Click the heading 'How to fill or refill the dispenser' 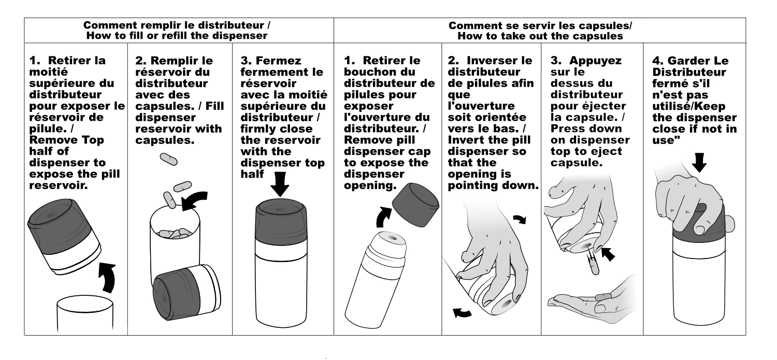pos(177,36)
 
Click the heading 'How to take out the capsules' pos(540,36)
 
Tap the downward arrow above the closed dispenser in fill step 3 pos(280,184)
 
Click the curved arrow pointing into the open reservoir pos(194,200)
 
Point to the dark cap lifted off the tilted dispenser pos(415,205)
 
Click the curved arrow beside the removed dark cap pos(384,217)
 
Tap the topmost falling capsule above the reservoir pos(168,159)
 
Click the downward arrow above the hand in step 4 pos(699,162)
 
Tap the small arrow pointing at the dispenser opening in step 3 pos(608,254)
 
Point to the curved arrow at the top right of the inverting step pos(520,219)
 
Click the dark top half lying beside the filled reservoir pos(186,293)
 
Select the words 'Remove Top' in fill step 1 pos(67,140)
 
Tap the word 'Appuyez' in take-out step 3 pos(595,61)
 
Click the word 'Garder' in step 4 pos(690,61)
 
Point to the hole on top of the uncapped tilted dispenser pos(392,238)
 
